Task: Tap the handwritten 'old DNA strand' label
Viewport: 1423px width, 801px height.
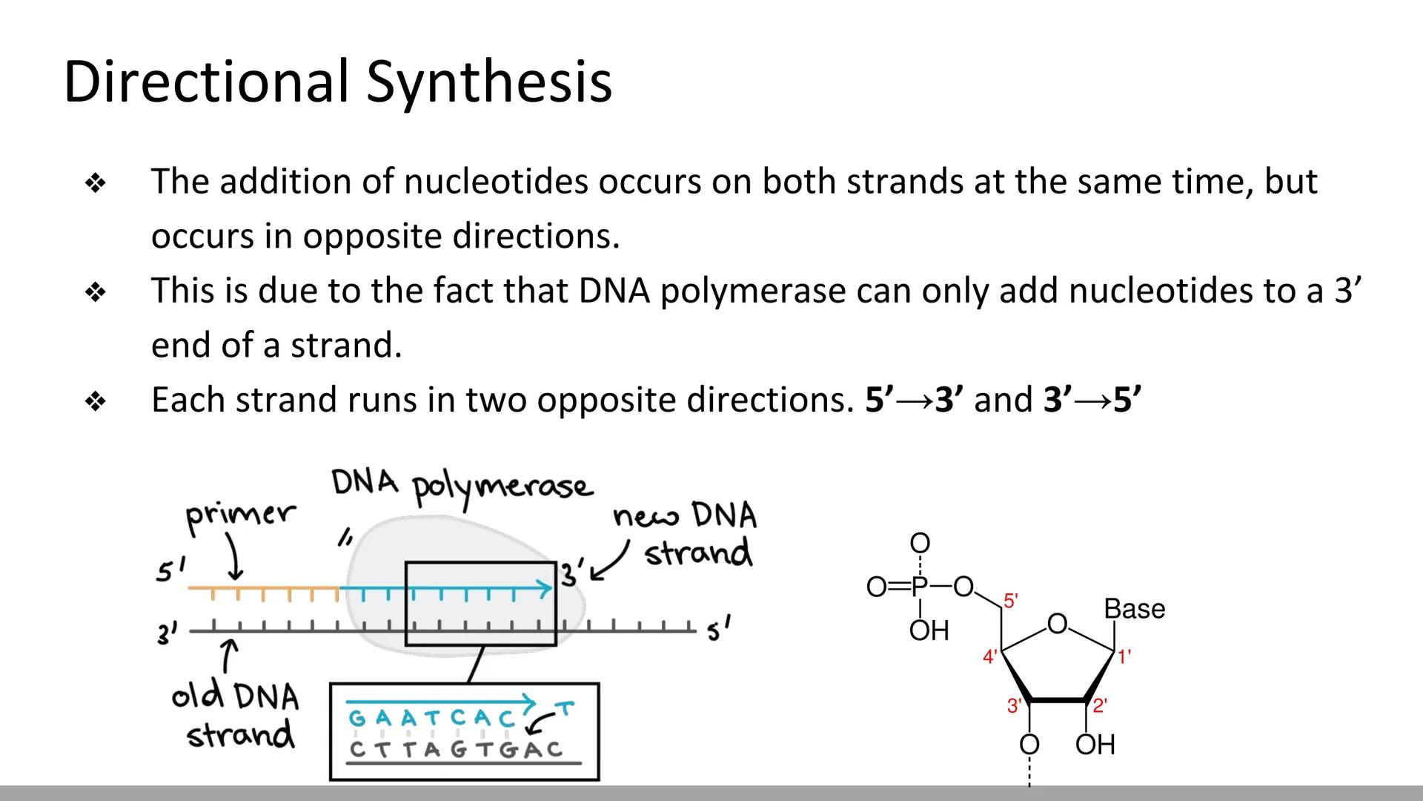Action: tap(236, 715)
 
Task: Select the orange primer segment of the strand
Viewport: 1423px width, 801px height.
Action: tap(263, 590)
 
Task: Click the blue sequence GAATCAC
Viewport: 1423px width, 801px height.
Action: tap(431, 719)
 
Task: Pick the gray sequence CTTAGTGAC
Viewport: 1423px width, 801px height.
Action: tap(456, 750)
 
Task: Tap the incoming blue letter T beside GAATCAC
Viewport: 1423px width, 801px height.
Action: tap(565, 710)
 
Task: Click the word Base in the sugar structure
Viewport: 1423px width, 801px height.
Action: tap(1134, 610)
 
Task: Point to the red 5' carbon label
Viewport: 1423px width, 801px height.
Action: tap(1011, 600)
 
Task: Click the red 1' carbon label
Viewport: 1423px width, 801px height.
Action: tap(1124, 656)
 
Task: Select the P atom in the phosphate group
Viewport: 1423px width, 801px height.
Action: tap(919, 587)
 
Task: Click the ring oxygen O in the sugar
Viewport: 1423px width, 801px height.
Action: tap(1058, 624)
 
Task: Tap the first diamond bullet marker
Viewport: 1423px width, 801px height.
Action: tap(96, 182)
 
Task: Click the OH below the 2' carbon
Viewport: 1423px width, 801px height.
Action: tap(1095, 745)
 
